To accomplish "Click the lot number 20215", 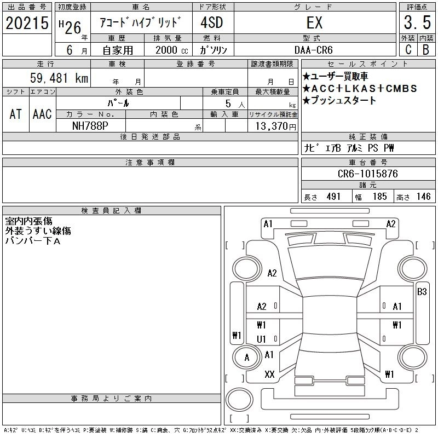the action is pyautogui.click(x=27, y=23).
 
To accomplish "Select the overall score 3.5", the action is pyautogui.click(x=417, y=22).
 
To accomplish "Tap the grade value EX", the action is pyautogui.click(x=314, y=22).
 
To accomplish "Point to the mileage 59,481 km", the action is pyautogui.click(x=59, y=78).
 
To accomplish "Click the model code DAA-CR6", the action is pyautogui.click(x=313, y=50).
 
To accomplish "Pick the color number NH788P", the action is pyautogui.click(x=90, y=126).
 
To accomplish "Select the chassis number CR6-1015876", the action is pyautogui.click(x=367, y=174).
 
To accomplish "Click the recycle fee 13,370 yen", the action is pyautogui.click(x=275, y=126).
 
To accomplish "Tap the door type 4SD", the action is pyautogui.click(x=212, y=22).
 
